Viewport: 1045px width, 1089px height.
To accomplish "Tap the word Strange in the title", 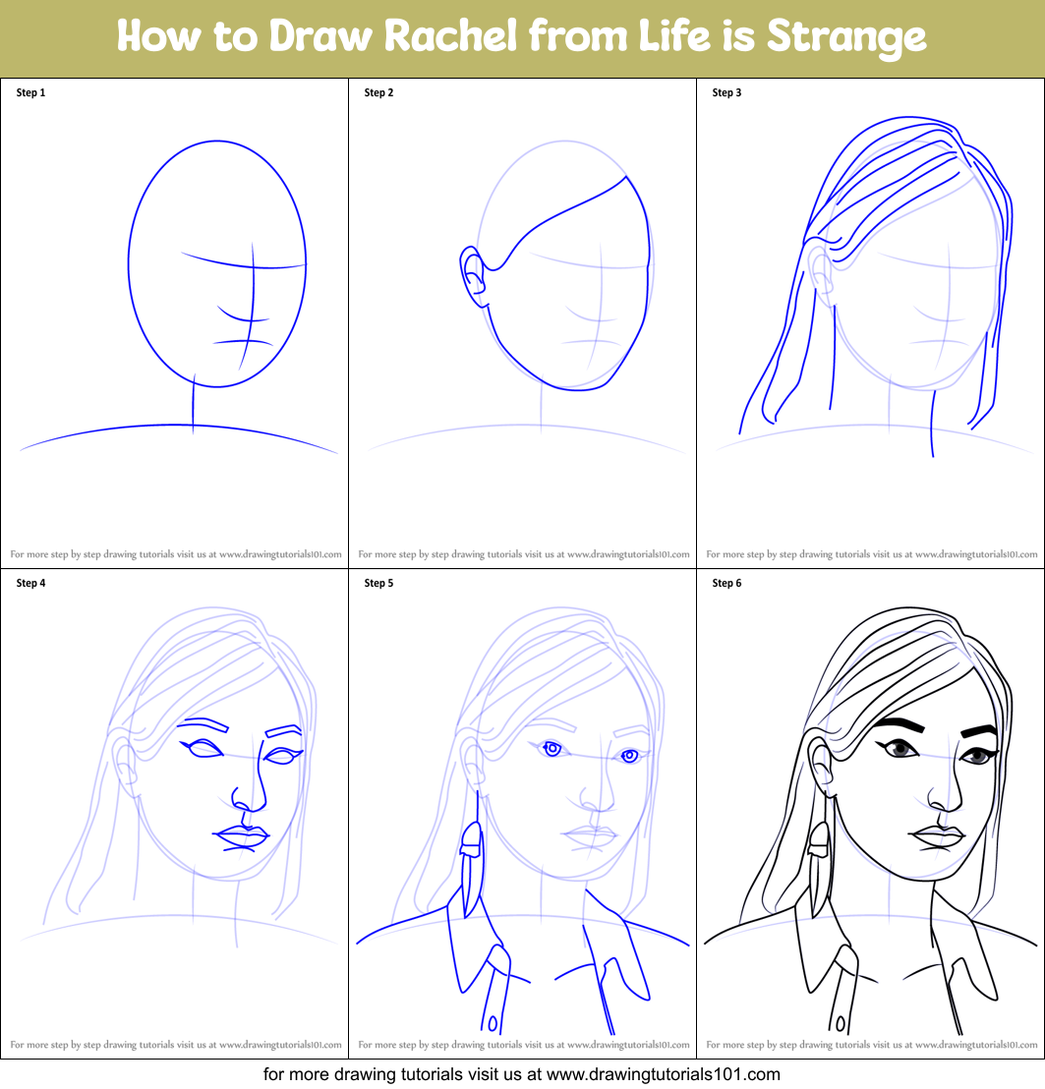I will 845,37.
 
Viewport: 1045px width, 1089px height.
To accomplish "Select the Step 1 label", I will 30,93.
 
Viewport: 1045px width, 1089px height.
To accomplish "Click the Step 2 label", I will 378,93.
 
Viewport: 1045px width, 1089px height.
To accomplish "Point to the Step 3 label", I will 726,93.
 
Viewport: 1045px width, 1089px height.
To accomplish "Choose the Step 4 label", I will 30,584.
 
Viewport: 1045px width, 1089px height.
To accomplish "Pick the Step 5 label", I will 378,584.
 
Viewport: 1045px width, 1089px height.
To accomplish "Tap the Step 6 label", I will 726,584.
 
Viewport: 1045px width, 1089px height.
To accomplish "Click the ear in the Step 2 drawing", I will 473,271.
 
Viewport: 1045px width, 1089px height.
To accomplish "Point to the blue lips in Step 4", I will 241,836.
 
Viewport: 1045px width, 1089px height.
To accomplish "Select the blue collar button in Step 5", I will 492,1021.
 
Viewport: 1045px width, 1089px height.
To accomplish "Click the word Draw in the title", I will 319,37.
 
